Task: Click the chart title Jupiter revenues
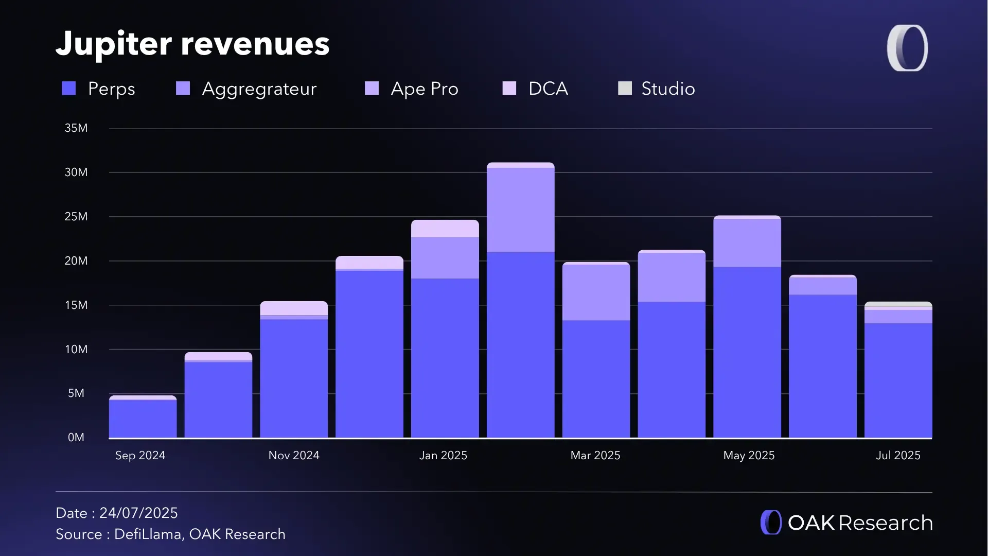pos(192,44)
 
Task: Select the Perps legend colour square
pos(69,89)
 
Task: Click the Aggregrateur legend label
pos(259,89)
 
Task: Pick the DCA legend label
pos(548,89)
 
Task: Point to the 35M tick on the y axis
pos(76,128)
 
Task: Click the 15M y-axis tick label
pos(76,305)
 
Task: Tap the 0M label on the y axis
pos(76,438)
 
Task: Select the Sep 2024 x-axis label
pos(140,456)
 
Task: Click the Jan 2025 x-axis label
pos(443,456)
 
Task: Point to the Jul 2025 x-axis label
pos(898,456)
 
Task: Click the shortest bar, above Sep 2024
pos(143,418)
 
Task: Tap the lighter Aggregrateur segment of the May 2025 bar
pos(747,242)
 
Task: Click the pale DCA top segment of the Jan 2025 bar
pos(445,229)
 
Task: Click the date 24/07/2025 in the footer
pos(138,513)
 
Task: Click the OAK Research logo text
pos(859,523)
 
